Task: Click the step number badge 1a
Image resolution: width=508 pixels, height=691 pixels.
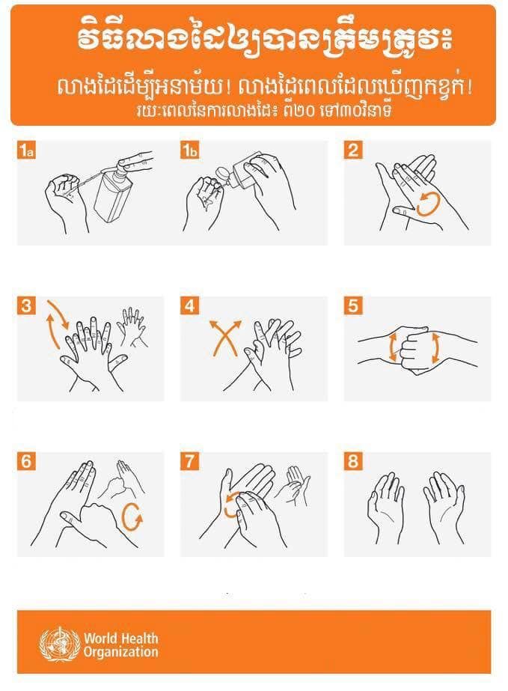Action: [x=26, y=150]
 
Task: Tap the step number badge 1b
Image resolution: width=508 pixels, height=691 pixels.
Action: [x=190, y=150]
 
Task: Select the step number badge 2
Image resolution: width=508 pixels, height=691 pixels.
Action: [x=353, y=150]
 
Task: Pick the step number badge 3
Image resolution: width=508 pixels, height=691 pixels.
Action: [x=26, y=305]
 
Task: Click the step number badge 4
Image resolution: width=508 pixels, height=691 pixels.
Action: [x=190, y=305]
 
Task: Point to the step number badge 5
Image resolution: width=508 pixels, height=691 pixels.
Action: [x=353, y=305]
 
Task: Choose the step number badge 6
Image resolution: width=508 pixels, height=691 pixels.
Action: [x=26, y=461]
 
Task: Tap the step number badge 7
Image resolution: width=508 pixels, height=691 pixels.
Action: [x=190, y=461]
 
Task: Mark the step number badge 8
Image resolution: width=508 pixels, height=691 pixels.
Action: [x=353, y=461]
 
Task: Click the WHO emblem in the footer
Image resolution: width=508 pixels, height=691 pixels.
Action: [x=60, y=645]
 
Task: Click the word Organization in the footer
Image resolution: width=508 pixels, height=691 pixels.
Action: [x=120, y=652]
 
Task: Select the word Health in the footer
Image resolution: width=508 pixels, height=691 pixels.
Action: [x=139, y=638]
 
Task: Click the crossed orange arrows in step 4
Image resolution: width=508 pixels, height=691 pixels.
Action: [x=225, y=338]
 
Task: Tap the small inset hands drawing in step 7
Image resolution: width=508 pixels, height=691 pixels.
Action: [x=293, y=485]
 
